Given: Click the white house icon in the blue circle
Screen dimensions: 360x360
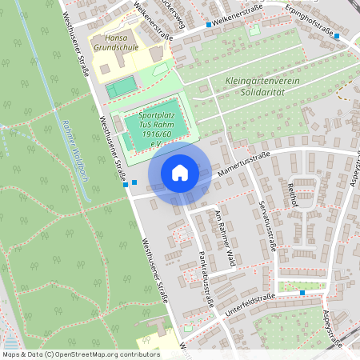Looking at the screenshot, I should pyautogui.click(x=180, y=172).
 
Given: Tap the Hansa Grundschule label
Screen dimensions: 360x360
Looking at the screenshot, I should pyautogui.click(x=117, y=42).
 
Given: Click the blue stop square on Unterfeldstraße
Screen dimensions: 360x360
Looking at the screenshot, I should pyautogui.click(x=302, y=293).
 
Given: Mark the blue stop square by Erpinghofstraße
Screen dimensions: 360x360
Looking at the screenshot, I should pyautogui.click(x=337, y=36).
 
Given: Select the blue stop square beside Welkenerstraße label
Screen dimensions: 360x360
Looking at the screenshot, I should pyautogui.click(x=209, y=25).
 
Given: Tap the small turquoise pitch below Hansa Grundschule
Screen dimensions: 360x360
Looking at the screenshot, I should pyautogui.click(x=121, y=86).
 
